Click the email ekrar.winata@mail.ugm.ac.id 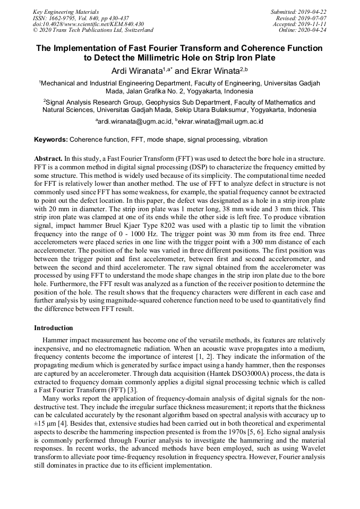[221, 122]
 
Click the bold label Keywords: [50, 140]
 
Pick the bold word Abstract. [48, 159]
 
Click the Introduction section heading [54, 328]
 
